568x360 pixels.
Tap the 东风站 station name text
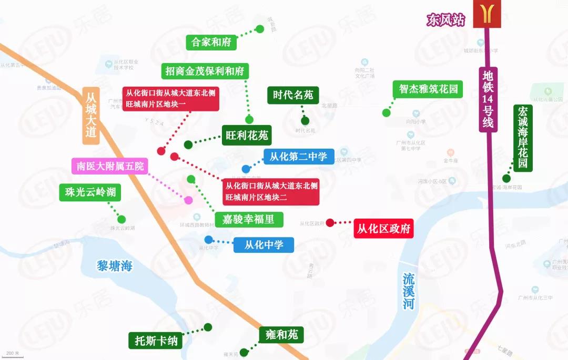[446, 20]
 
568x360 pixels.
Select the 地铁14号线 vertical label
[489, 99]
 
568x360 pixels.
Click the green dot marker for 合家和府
[259, 29]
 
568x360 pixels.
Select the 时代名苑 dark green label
[293, 95]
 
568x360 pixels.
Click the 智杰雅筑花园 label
[425, 89]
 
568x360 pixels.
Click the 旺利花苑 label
[247, 136]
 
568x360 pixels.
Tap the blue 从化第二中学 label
[298, 156]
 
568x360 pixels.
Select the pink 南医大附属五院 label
[109, 167]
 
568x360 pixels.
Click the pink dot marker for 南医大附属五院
[188, 200]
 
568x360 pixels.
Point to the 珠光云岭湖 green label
[90, 192]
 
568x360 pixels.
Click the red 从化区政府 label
[383, 229]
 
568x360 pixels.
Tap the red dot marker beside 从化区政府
[330, 222]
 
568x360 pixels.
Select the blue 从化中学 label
[263, 244]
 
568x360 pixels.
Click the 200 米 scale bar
[13, 354]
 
